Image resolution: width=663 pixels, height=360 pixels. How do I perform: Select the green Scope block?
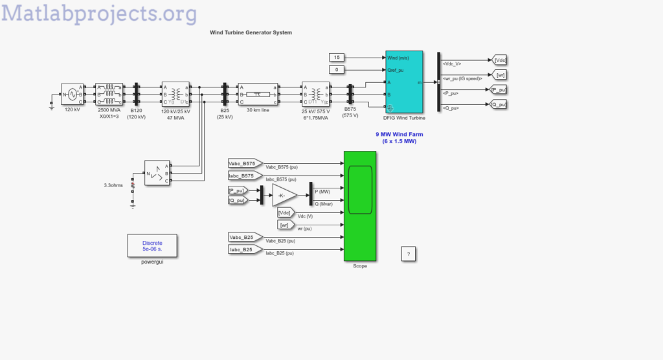pyautogui.click(x=359, y=206)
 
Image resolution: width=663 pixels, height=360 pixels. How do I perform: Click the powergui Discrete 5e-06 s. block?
pyautogui.click(x=152, y=245)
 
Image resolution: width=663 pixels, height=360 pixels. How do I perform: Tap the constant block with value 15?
pyautogui.click(x=337, y=58)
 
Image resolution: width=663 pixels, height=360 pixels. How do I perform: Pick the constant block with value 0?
pyautogui.click(x=337, y=70)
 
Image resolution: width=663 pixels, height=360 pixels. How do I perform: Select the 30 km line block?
pyautogui.click(x=257, y=95)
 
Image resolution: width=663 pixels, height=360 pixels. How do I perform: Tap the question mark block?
pyautogui.click(x=408, y=254)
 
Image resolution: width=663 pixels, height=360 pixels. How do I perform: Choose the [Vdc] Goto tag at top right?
pyautogui.click(x=499, y=60)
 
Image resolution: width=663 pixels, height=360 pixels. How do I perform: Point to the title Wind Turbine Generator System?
pyautogui.click(x=251, y=32)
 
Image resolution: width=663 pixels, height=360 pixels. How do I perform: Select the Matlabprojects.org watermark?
pyautogui.click(x=100, y=13)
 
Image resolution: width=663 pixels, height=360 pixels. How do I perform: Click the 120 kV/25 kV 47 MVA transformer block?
pyautogui.click(x=175, y=95)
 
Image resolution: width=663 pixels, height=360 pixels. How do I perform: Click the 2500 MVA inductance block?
pyautogui.click(x=108, y=95)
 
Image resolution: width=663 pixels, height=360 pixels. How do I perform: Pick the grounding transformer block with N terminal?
pyautogui.click(x=157, y=174)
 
